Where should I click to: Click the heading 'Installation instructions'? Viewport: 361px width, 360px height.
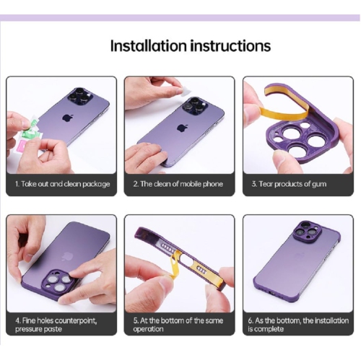[190, 46]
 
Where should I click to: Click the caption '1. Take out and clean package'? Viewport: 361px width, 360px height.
[62, 184]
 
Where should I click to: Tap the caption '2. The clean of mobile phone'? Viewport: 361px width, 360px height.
[179, 184]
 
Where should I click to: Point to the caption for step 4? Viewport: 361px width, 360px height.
[58, 324]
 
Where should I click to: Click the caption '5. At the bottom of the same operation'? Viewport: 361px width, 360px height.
[177, 324]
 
